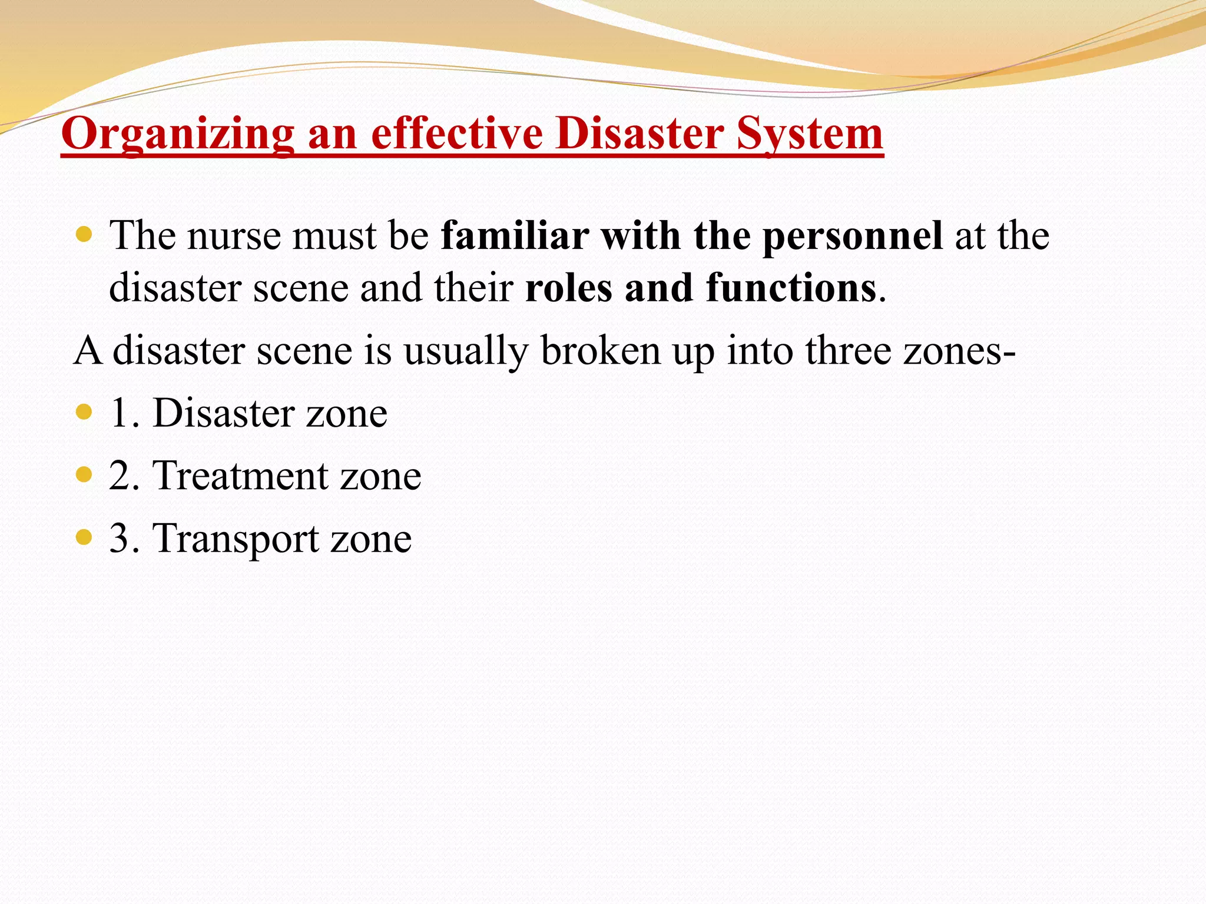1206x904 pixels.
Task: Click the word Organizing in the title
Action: [x=177, y=134]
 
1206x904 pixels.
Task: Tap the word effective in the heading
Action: [x=457, y=134]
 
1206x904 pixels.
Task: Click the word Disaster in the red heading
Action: [x=640, y=134]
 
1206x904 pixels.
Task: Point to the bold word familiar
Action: [x=515, y=235]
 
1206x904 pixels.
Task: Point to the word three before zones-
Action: [x=848, y=351]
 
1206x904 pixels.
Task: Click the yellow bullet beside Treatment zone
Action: [x=85, y=474]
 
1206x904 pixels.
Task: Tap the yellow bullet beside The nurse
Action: [x=85, y=235]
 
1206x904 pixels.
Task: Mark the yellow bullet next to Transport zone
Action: [x=85, y=537]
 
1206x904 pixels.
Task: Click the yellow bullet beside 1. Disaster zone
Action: [x=85, y=411]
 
